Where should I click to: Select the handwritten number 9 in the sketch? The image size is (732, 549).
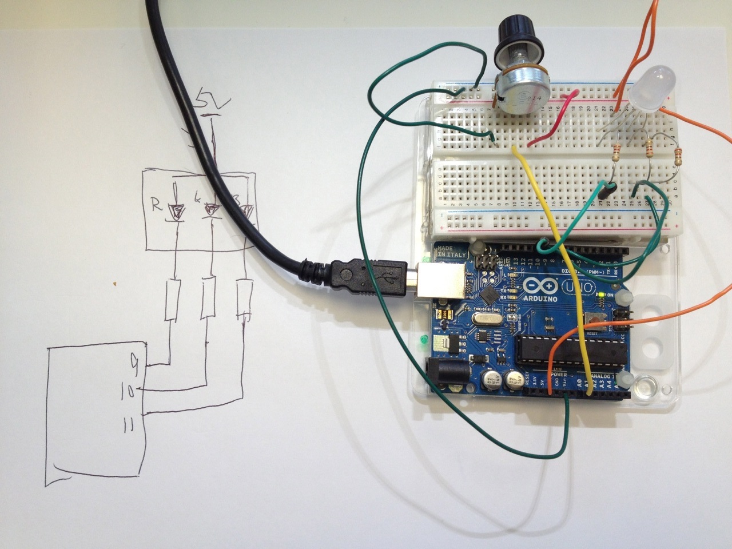[135, 361]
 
